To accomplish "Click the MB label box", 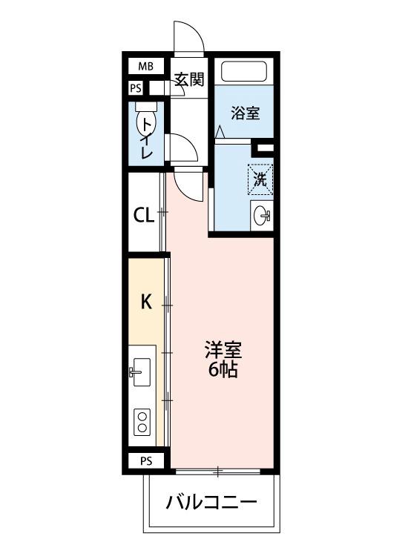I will [145, 66].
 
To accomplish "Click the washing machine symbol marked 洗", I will [260, 179].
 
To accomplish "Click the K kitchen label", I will [146, 302].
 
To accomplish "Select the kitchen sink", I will [141, 368].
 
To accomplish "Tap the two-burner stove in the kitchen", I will [141, 423].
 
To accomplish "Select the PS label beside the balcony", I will [146, 460].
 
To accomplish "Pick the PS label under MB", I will [135, 87].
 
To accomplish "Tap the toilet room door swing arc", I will [183, 148].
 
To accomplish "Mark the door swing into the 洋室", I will [188, 182].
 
